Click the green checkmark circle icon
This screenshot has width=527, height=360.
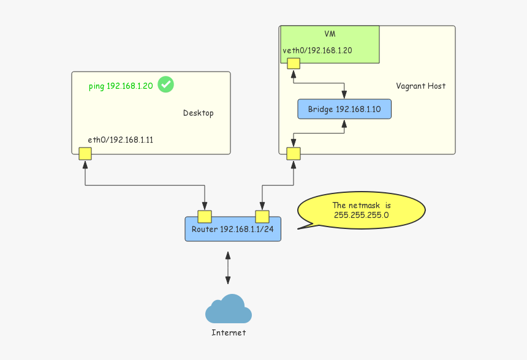pyautogui.click(x=165, y=84)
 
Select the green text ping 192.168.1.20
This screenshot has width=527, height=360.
pyautogui.click(x=120, y=86)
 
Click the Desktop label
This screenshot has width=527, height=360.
pyautogui.click(x=198, y=113)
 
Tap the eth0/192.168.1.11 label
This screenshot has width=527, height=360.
pyautogui.click(x=120, y=140)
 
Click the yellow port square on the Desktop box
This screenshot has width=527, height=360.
pyautogui.click(x=85, y=153)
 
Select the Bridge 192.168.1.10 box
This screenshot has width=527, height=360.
pyautogui.click(x=344, y=109)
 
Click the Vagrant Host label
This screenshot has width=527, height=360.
pyautogui.click(x=420, y=86)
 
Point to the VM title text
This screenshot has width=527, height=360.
pyautogui.click(x=330, y=34)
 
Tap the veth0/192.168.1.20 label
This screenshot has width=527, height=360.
pyautogui.click(x=317, y=51)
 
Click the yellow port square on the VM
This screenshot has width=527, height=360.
pyautogui.click(x=294, y=63)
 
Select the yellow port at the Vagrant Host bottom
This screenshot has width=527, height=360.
pyautogui.click(x=294, y=153)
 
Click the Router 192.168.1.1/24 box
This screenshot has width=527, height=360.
pyautogui.click(x=233, y=230)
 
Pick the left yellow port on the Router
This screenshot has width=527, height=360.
pyautogui.click(x=205, y=216)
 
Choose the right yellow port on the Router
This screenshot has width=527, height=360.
pyautogui.click(x=262, y=216)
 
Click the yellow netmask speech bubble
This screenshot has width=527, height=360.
pyautogui.click(x=361, y=210)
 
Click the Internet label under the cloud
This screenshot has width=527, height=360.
pyautogui.click(x=228, y=332)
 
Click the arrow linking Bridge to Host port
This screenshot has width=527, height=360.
pyautogui.click(x=319, y=133)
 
